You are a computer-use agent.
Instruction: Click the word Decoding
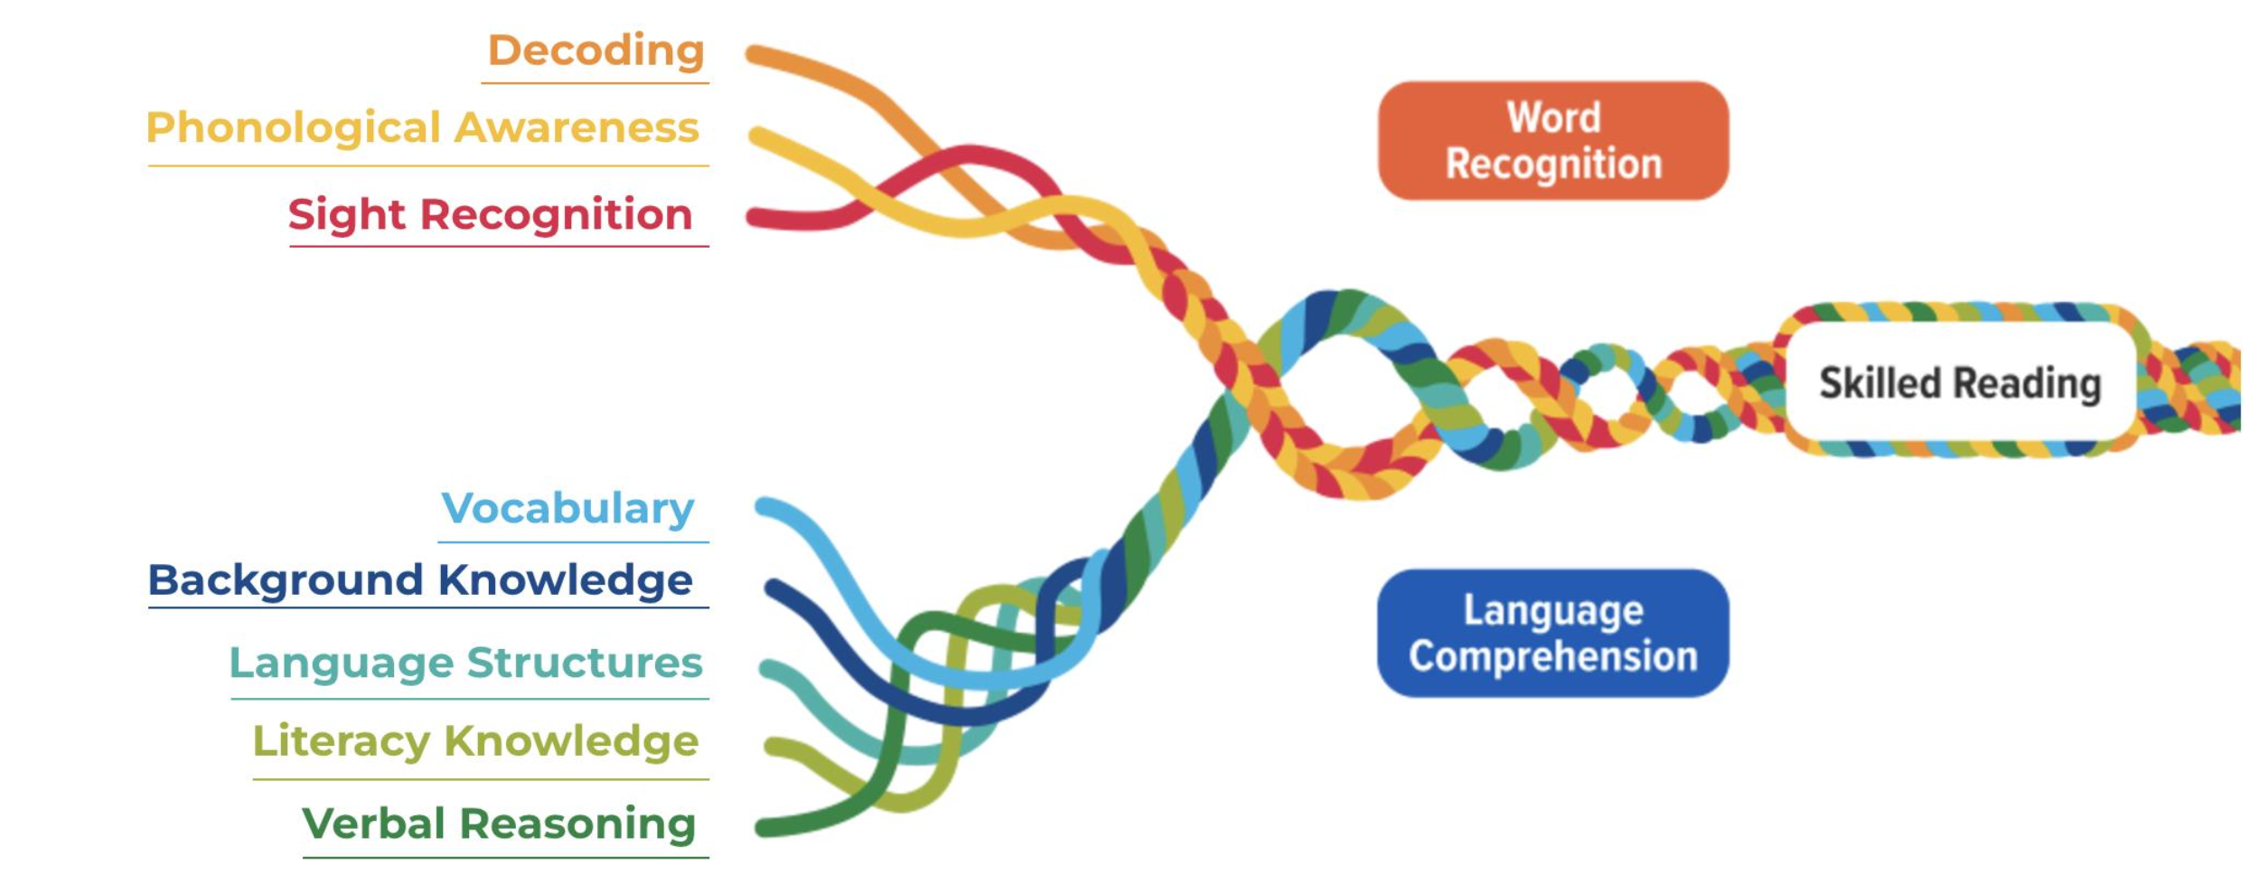(596, 51)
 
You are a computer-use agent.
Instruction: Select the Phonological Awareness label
(423, 127)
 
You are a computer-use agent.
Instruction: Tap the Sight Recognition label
(491, 215)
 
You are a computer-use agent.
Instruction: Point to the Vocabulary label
(568, 508)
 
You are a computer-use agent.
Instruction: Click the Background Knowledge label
(420, 580)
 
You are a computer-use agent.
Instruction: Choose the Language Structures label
(465, 663)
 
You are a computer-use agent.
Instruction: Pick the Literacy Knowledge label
(475, 741)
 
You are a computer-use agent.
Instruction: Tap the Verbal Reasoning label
(499, 823)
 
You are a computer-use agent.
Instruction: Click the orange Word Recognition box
(1553, 141)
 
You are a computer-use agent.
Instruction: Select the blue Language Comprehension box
(1553, 633)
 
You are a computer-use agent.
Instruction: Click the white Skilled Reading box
(1959, 383)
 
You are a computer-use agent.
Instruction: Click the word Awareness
(577, 127)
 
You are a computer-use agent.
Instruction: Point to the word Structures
(585, 663)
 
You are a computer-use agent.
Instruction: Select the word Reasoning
(577, 823)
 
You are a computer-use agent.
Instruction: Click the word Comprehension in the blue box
(1553, 656)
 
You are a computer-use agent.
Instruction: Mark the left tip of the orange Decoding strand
(752, 54)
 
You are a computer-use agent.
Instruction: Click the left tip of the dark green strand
(762, 827)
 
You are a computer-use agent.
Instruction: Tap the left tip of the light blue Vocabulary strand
(763, 506)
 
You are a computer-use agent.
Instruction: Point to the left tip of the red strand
(753, 217)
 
